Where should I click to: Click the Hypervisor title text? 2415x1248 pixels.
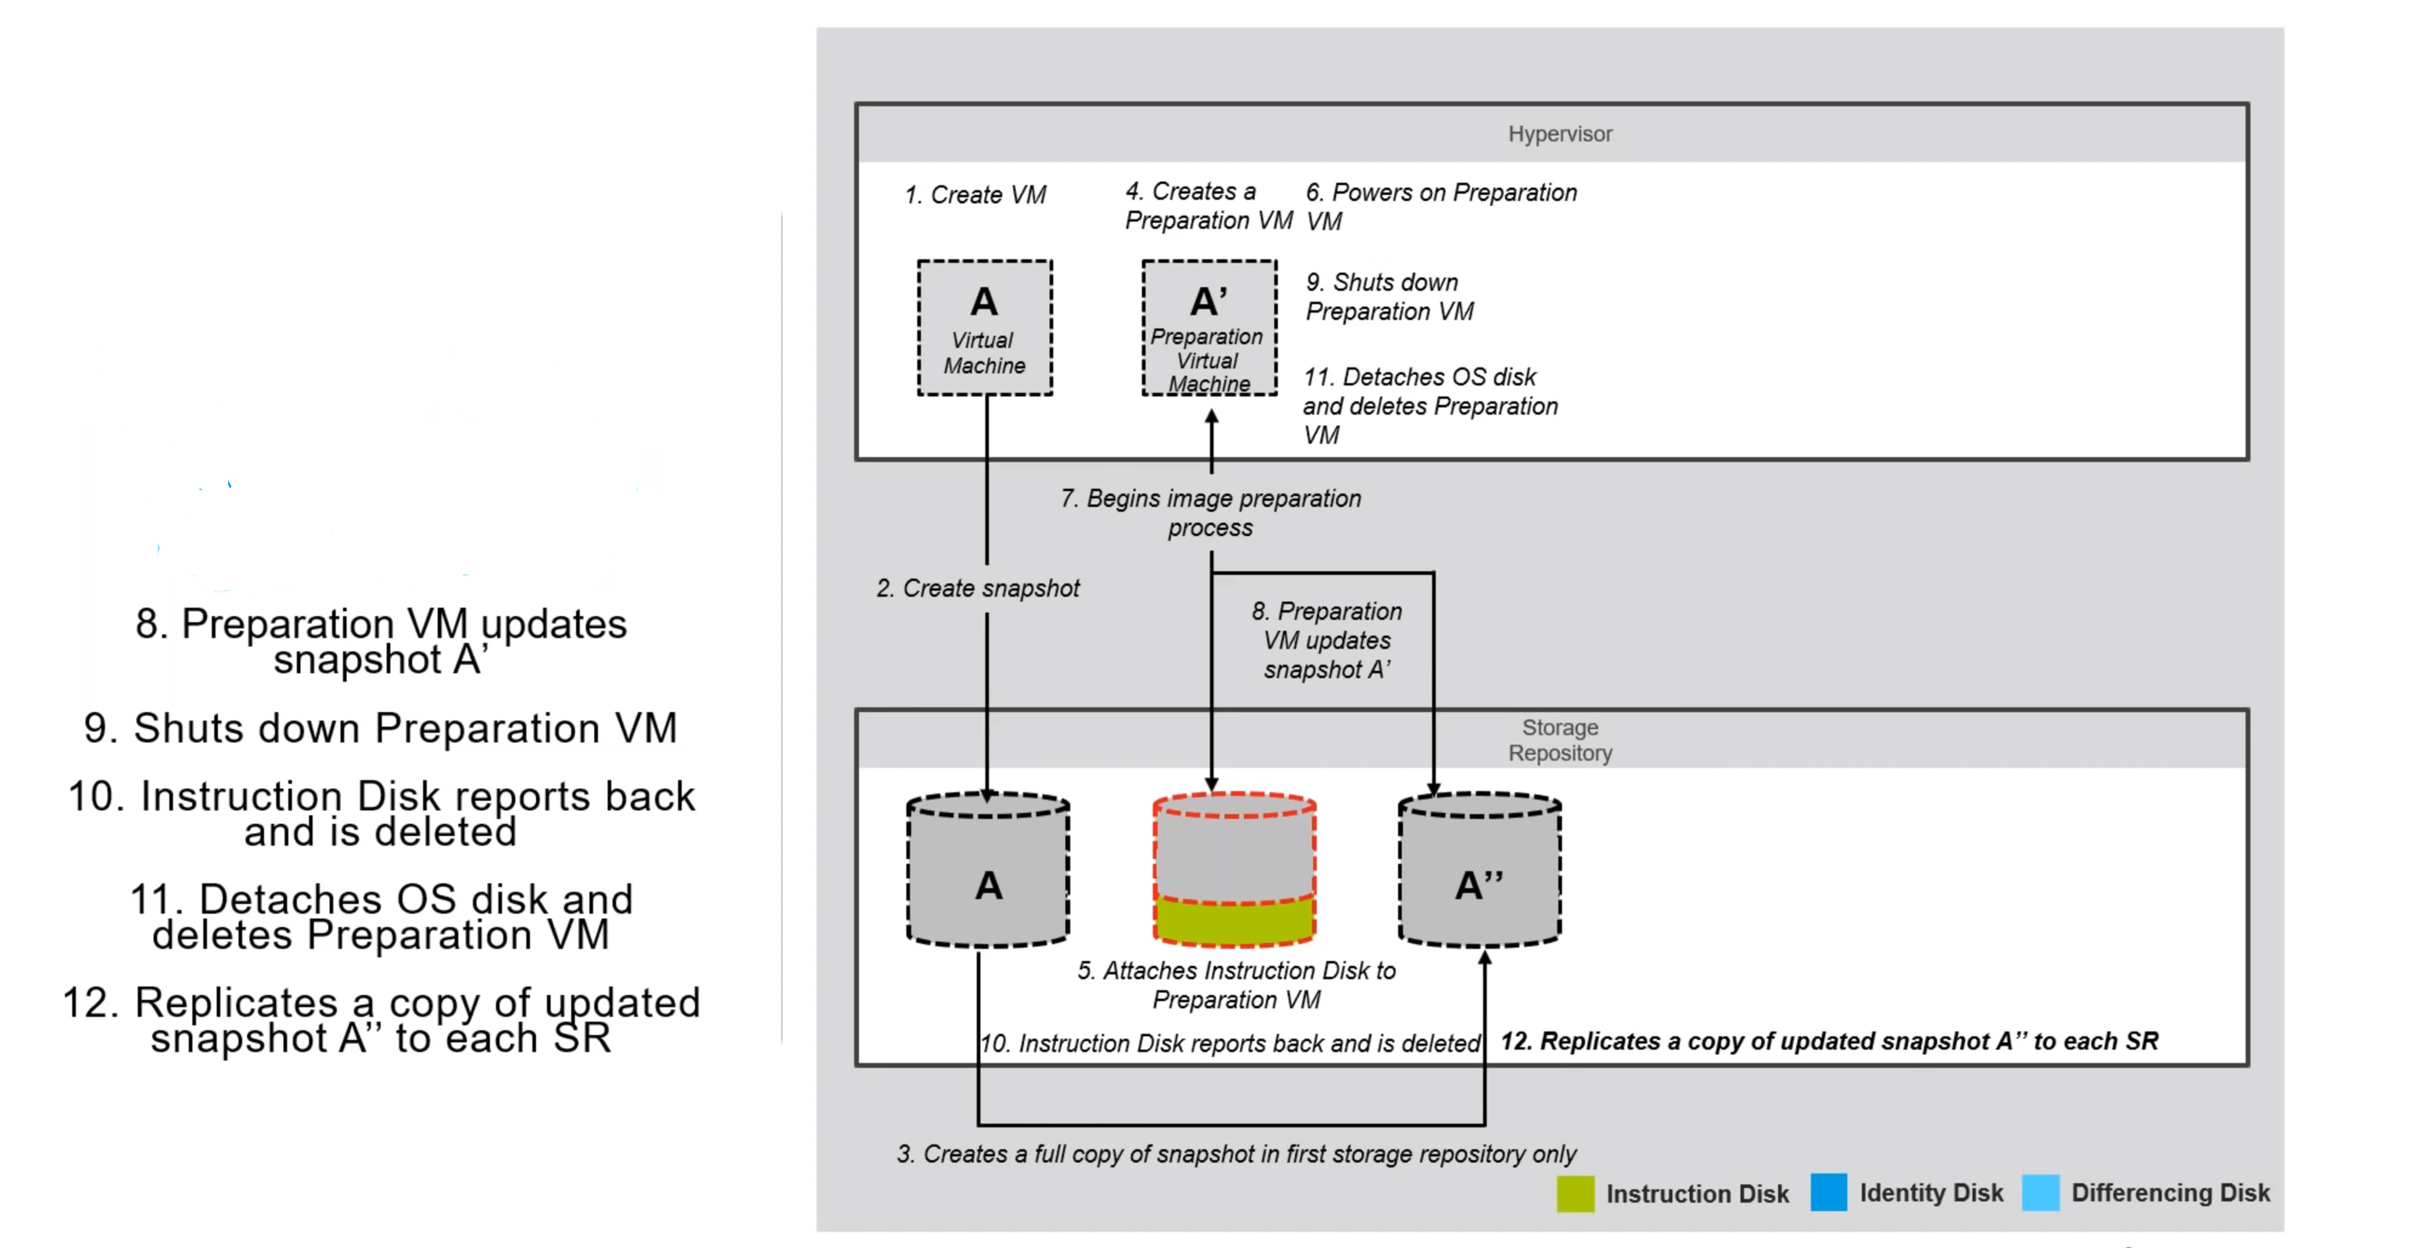click(x=1559, y=134)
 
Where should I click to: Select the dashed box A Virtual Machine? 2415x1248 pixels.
click(x=984, y=327)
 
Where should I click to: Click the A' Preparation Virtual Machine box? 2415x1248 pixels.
click(x=1209, y=327)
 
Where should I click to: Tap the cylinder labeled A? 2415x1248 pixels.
click(x=988, y=872)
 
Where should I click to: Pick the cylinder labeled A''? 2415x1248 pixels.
click(x=1480, y=872)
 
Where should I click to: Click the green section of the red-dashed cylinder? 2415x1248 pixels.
click(x=1234, y=921)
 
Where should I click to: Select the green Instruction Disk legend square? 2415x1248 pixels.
click(x=1575, y=1193)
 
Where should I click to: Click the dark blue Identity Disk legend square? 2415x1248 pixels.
click(x=1828, y=1192)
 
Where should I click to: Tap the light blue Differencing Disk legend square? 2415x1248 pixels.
click(x=2040, y=1192)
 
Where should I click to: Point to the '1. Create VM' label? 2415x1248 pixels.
click(x=975, y=195)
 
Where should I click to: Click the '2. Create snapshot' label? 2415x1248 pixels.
click(x=978, y=588)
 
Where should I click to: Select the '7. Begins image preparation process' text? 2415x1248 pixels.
click(x=1210, y=512)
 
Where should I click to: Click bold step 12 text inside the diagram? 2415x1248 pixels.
click(x=1828, y=1041)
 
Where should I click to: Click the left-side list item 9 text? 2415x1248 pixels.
click(x=380, y=728)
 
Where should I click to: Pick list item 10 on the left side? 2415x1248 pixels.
click(x=380, y=813)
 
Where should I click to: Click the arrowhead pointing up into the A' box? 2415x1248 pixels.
click(x=1211, y=417)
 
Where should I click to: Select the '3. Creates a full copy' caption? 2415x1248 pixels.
click(x=1235, y=1153)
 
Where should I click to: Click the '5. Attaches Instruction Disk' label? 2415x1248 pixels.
click(x=1235, y=985)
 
